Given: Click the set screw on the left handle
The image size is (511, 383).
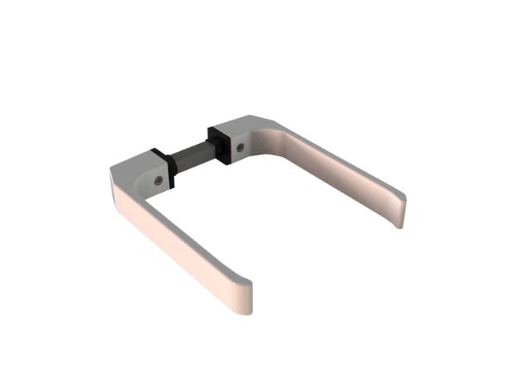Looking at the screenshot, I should coord(160,180).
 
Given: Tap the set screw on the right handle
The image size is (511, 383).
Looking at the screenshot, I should coord(241,147).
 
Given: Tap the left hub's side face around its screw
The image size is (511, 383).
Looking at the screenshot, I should coord(153,182).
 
